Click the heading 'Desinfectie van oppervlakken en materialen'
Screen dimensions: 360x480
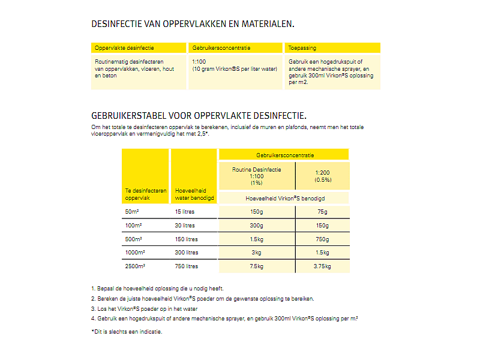tap(193, 25)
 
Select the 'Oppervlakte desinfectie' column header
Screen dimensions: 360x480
tap(124, 47)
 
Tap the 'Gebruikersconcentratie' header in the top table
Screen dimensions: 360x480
tap(221, 47)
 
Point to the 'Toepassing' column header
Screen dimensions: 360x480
tap(302, 47)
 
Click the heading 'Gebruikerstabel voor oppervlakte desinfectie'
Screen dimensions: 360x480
tap(199, 115)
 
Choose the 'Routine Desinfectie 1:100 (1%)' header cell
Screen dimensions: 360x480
tap(256, 176)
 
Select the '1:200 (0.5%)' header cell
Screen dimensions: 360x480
tap(322, 176)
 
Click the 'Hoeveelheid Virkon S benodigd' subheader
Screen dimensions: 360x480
tap(284, 197)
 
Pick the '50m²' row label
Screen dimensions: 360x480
tap(131, 212)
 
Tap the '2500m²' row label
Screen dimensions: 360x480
tap(135, 266)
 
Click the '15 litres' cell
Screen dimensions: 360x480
tap(185, 212)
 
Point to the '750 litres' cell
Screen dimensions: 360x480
tap(187, 266)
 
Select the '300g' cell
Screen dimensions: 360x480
tap(257, 226)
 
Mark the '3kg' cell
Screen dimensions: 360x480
tap(257, 253)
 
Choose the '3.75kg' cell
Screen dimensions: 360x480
tap(322, 266)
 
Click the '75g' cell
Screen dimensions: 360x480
tap(322, 212)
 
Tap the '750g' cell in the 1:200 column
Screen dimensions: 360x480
tap(322, 239)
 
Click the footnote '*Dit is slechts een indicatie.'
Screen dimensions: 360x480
tap(127, 331)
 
